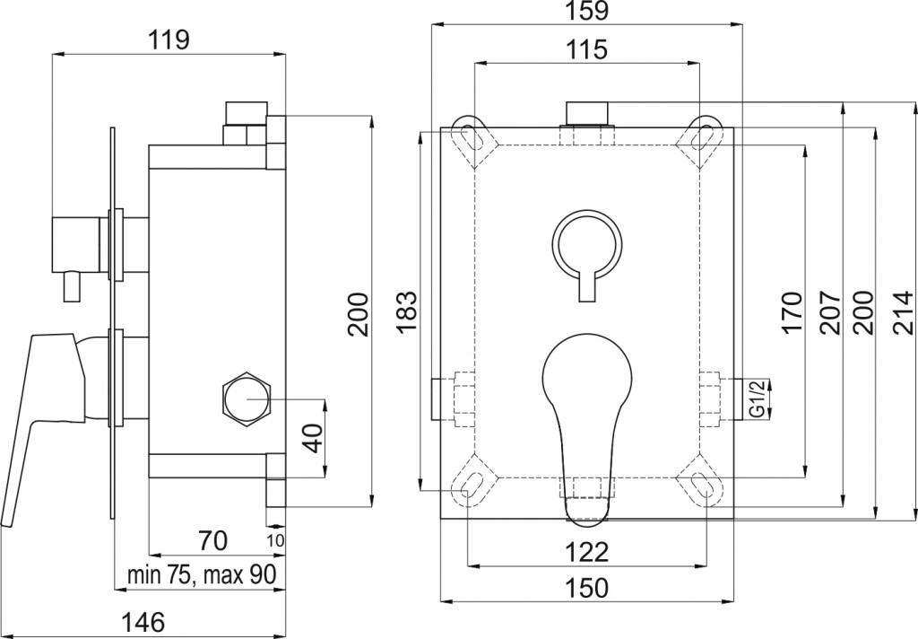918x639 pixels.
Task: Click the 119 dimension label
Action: click(x=168, y=40)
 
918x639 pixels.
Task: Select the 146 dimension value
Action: click(x=143, y=621)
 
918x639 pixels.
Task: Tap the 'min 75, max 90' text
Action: click(x=202, y=575)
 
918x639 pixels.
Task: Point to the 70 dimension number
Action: click(x=212, y=540)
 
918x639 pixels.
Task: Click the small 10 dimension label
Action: click(x=275, y=541)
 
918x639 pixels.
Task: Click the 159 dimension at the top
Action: click(x=587, y=11)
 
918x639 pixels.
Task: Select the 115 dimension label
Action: click(x=587, y=49)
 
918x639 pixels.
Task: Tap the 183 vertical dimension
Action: click(x=407, y=311)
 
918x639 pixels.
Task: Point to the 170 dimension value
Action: click(x=791, y=312)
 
